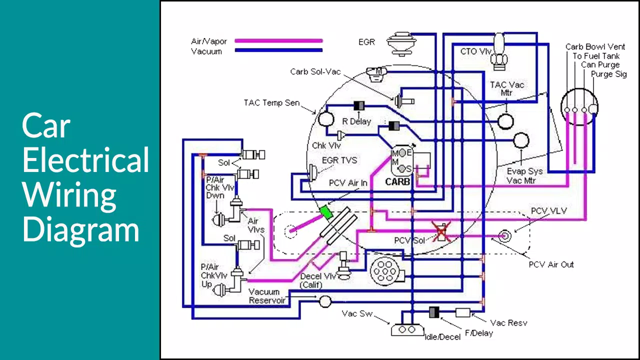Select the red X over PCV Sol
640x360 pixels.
click(x=441, y=232)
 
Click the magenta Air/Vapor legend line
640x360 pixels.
click(x=278, y=41)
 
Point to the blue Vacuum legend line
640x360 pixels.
click(x=278, y=50)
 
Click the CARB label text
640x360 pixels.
click(x=397, y=182)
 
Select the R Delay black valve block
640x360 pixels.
click(x=359, y=106)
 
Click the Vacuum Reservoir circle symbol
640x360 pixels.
click(x=325, y=301)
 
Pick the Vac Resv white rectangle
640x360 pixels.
click(x=462, y=312)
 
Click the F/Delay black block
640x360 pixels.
click(x=434, y=312)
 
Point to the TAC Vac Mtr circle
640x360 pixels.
click(x=506, y=120)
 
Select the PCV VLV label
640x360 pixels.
click(x=548, y=211)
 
